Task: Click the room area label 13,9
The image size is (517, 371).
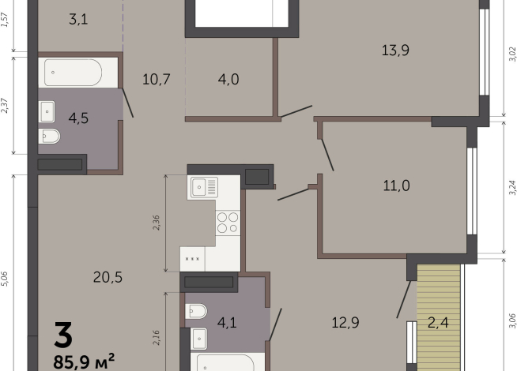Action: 394,51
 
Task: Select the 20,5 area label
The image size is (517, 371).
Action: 107,276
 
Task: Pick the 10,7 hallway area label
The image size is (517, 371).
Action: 157,79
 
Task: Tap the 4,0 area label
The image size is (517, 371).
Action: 230,79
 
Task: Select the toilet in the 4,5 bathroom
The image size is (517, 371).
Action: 49,136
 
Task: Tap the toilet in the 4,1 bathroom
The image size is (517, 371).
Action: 197,311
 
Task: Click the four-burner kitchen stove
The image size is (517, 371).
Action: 228,222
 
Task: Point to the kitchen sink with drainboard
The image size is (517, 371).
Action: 207,187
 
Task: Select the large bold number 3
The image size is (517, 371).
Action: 63,335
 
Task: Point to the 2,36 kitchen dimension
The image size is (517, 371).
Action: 156,223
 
